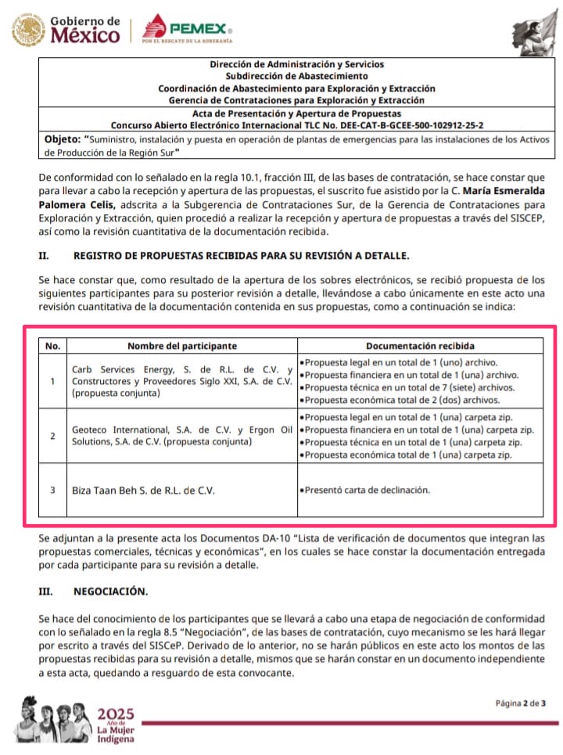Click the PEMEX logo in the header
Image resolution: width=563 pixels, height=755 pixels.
click(188, 29)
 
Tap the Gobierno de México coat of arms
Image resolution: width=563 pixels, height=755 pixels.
click(28, 29)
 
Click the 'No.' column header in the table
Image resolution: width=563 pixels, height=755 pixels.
click(52, 345)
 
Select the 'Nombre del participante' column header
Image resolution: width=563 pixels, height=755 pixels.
click(182, 345)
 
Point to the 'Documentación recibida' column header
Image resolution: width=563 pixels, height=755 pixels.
click(420, 345)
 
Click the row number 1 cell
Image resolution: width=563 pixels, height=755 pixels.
click(52, 381)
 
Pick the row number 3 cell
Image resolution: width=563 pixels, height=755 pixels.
click(52, 490)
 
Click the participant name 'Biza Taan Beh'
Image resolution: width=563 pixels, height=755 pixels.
click(143, 490)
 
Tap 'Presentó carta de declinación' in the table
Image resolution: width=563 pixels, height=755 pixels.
click(367, 490)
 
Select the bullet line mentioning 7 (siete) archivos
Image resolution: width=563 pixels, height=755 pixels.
click(410, 387)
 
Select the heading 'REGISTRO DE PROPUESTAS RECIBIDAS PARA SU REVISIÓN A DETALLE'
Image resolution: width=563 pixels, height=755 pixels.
click(241, 255)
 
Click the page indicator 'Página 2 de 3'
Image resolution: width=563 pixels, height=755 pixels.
click(520, 703)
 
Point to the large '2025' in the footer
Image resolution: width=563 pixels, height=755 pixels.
click(115, 714)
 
